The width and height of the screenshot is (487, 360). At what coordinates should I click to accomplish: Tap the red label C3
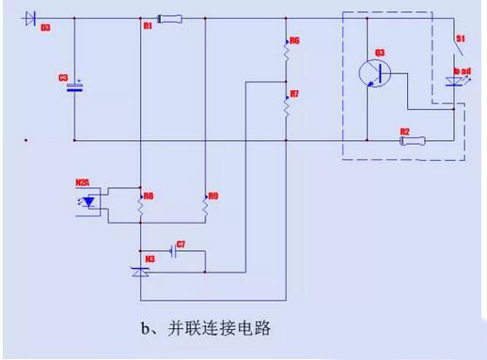(x=64, y=79)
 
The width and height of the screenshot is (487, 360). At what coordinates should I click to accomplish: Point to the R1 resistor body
(x=172, y=17)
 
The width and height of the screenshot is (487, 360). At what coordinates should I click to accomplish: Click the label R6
(x=294, y=42)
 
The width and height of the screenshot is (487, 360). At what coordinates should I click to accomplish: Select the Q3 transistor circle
(x=375, y=72)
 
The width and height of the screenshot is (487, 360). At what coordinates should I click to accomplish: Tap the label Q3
(x=380, y=51)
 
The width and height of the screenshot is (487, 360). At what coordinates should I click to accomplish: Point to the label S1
(x=461, y=38)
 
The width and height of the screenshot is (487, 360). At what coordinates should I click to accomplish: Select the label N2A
(x=83, y=181)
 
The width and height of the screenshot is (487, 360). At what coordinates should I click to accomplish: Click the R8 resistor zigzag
(x=139, y=203)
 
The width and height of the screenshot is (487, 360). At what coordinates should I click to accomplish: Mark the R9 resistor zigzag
(x=204, y=203)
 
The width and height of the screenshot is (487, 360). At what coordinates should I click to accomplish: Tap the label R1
(x=148, y=26)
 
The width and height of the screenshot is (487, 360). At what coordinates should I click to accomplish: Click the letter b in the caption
(x=144, y=330)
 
